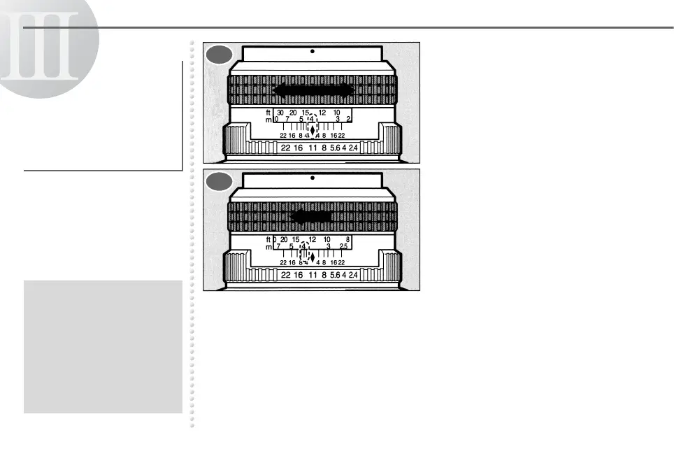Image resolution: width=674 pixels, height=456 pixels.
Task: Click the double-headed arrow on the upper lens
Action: click(x=312, y=90)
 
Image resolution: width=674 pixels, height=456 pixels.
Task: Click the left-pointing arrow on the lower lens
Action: click(x=310, y=217)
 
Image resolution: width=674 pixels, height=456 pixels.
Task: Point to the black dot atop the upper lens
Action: click(x=313, y=52)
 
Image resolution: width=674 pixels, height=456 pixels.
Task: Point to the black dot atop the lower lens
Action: click(x=313, y=178)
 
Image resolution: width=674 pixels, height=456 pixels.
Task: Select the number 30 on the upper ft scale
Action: click(x=280, y=113)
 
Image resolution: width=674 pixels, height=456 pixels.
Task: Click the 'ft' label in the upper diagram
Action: click(x=268, y=113)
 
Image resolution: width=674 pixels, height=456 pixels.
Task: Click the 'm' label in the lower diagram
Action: click(x=268, y=247)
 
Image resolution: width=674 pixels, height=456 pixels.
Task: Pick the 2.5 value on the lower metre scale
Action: click(x=343, y=247)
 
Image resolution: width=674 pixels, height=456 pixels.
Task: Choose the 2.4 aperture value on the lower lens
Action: click(x=353, y=275)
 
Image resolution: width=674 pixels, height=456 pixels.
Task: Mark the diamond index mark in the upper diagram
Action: click(x=312, y=129)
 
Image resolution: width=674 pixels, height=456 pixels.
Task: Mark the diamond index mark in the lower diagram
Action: click(x=312, y=256)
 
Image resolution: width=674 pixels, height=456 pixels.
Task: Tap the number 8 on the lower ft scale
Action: click(x=347, y=239)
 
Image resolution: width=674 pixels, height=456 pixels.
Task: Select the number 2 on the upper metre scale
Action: click(x=348, y=120)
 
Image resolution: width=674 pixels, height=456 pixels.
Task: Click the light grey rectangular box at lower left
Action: click(x=103, y=347)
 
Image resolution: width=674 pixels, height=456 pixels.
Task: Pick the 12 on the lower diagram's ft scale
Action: click(x=312, y=239)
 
